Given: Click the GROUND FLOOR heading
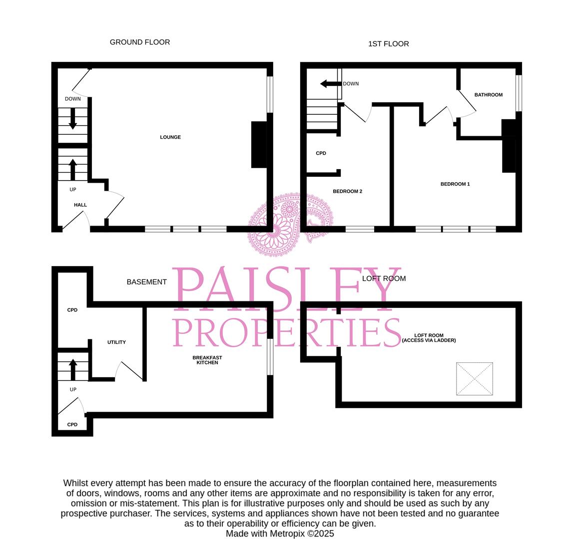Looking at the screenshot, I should pyautogui.click(x=140, y=42).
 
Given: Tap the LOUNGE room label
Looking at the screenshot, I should pyautogui.click(x=170, y=137).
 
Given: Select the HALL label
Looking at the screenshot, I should pyautogui.click(x=80, y=205).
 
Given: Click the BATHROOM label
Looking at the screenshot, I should pyautogui.click(x=488, y=95).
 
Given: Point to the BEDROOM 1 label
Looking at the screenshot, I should pyautogui.click(x=455, y=184).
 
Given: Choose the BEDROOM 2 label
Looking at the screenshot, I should pyautogui.click(x=347, y=192).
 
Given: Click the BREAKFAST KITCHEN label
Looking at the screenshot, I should pyautogui.click(x=207, y=360).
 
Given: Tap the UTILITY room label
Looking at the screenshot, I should pyautogui.click(x=116, y=342).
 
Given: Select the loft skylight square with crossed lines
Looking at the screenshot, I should pyautogui.click(x=474, y=379).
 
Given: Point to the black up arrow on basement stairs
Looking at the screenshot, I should pyautogui.click(x=73, y=369).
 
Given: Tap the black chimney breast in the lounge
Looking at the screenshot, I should pyautogui.click(x=259, y=145).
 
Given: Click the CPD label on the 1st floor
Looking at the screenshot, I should pyautogui.click(x=321, y=153).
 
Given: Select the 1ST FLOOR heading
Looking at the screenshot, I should pyautogui.click(x=388, y=44).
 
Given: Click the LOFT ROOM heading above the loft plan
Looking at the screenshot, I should pyautogui.click(x=384, y=278).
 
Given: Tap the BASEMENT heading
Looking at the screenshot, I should pyautogui.click(x=146, y=282).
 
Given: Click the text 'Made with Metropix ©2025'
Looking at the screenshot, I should pyautogui.click(x=280, y=534).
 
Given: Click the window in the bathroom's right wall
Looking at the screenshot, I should pyautogui.click(x=519, y=93).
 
